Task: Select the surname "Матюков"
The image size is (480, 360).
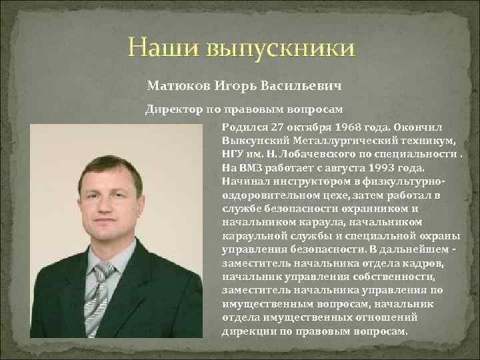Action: tap(176, 87)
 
